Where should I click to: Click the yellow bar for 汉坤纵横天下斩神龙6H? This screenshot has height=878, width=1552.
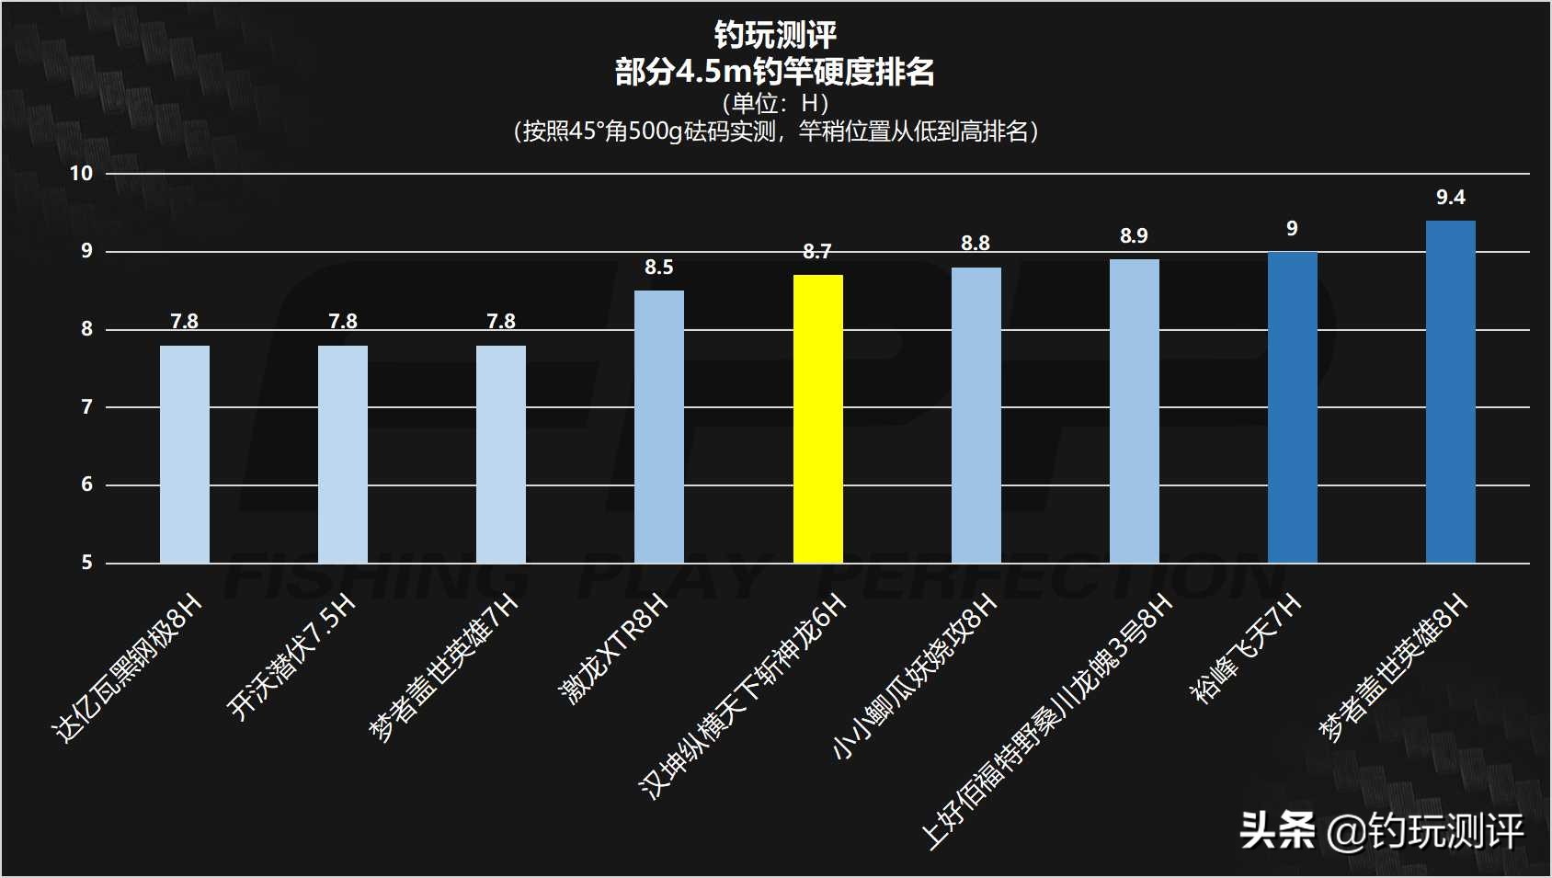click(x=817, y=419)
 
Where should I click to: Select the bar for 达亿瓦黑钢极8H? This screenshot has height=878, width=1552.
click(x=185, y=454)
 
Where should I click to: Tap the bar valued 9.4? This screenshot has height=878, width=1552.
click(x=1450, y=392)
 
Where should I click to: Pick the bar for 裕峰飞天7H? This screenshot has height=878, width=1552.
click(x=1292, y=407)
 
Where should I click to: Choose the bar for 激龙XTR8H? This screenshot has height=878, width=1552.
click(x=659, y=427)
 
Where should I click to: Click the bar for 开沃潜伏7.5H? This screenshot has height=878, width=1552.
click(x=343, y=454)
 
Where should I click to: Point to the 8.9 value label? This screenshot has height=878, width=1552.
click(x=1134, y=236)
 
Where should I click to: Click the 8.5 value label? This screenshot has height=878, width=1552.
click(x=658, y=268)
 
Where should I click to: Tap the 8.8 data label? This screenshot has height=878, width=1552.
click(x=976, y=244)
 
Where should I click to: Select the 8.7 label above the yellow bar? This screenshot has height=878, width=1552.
click(x=816, y=252)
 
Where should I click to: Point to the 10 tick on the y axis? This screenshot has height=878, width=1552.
click(x=82, y=174)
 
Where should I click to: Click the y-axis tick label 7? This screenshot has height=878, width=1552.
click(x=87, y=407)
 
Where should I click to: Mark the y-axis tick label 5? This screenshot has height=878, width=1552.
click(x=87, y=563)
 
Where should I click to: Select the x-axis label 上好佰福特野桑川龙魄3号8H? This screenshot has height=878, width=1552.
click(x=1047, y=721)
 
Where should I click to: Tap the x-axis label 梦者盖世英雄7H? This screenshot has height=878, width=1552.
click(x=445, y=668)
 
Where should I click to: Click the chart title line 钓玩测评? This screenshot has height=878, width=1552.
click(x=775, y=35)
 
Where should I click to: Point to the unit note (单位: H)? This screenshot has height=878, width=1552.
click(x=775, y=103)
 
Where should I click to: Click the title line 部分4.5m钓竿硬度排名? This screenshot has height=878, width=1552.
click(x=775, y=71)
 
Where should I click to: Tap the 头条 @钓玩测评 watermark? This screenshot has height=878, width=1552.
click(x=1380, y=832)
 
